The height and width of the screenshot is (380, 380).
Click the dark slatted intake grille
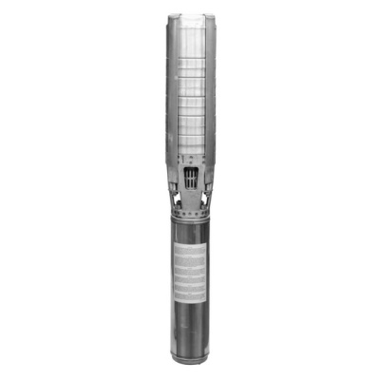tap(191, 179)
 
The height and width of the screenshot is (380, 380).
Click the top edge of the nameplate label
tap(190, 243)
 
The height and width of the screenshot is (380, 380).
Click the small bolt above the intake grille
tap(191, 160)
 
